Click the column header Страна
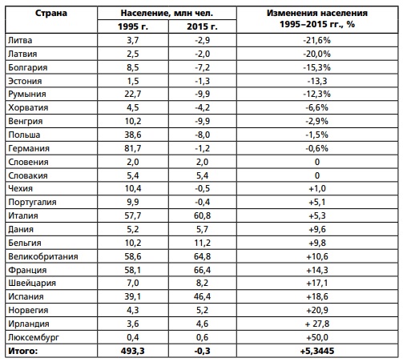(51, 13)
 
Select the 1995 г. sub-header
(133, 26)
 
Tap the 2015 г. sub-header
(202, 26)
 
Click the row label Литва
(20, 40)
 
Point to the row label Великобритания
(43, 256)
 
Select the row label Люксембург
(34, 337)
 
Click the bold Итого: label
(23, 351)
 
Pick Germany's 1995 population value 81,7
(133, 148)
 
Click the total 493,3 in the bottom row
(133, 351)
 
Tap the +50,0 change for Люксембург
(317, 337)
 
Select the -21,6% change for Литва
(316, 40)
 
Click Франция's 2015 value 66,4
(202, 270)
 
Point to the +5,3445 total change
(317, 351)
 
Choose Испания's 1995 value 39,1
(133, 296)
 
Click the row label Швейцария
(32, 284)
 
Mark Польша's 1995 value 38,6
(133, 135)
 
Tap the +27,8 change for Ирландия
(317, 324)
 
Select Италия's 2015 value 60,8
(202, 215)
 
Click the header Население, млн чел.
(167, 13)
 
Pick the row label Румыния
(27, 95)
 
